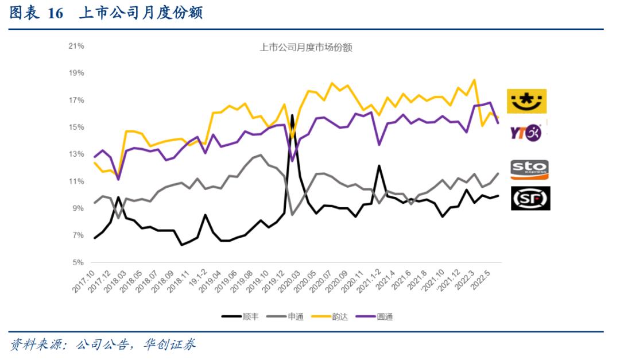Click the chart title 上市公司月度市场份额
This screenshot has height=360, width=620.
tap(305, 48)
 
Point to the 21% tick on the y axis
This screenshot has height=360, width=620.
tap(76, 46)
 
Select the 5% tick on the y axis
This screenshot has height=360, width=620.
tap(78, 262)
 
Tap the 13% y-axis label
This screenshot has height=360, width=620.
tap(76, 154)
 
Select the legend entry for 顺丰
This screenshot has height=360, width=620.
tap(239, 316)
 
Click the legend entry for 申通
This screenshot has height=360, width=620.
tap(289, 316)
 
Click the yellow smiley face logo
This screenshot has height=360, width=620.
tap(526, 101)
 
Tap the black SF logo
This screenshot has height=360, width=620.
tap(530, 198)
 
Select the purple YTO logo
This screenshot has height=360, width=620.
tap(526, 133)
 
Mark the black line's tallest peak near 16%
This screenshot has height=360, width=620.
tap(292, 115)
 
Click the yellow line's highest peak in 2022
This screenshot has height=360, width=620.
tap(474, 80)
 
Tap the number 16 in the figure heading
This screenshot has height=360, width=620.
tap(55, 14)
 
